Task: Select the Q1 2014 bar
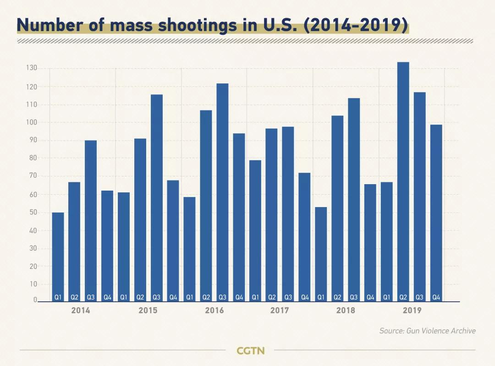point(58,257)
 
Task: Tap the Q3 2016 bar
point(222,192)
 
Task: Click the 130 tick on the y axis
point(32,68)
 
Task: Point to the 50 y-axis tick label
point(32,212)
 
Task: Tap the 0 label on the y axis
point(35,300)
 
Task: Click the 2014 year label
point(81,311)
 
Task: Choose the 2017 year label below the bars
point(280,311)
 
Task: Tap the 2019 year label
point(412,311)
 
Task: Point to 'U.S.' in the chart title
point(275,26)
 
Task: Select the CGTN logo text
point(251,351)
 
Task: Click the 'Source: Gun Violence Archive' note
point(427,331)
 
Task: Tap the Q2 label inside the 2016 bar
point(206,297)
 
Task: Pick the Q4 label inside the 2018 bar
point(370,297)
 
